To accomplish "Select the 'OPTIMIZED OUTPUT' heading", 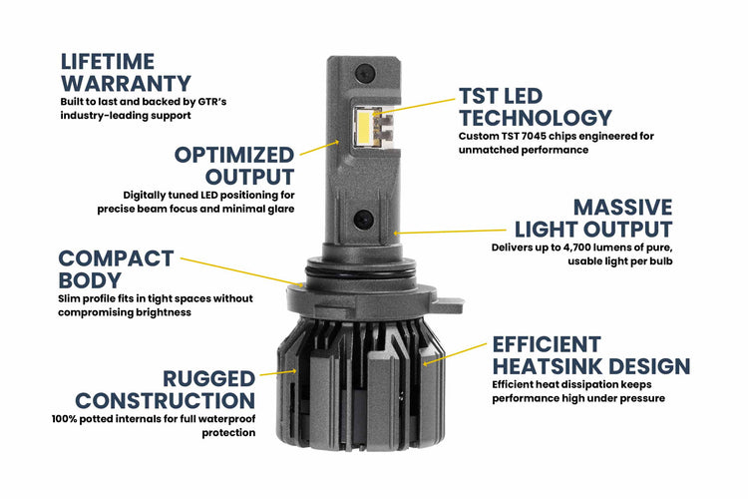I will click(x=234, y=165).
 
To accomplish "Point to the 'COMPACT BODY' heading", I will click(x=116, y=269).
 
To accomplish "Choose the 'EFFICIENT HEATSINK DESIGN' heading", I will click(x=589, y=355).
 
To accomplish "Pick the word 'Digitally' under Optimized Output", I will click(x=146, y=195).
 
